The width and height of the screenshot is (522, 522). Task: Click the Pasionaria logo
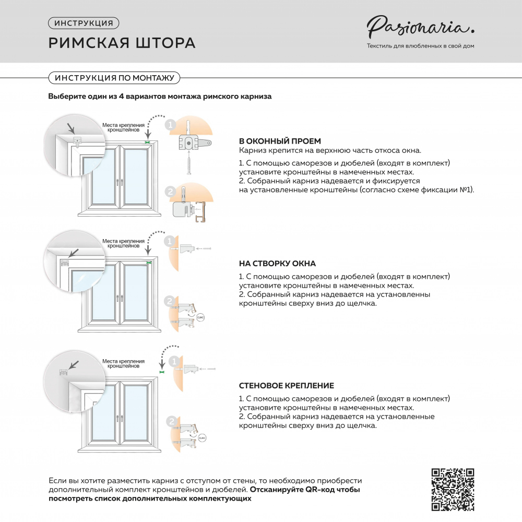click(x=420, y=26)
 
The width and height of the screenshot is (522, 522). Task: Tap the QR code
click(x=453, y=490)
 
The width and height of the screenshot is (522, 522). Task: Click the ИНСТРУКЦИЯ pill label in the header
click(x=84, y=23)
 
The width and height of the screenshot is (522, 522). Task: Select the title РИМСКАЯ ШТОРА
click(x=122, y=43)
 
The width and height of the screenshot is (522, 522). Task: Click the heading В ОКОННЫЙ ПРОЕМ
click(x=280, y=141)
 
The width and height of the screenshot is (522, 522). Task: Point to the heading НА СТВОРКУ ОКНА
click(x=277, y=264)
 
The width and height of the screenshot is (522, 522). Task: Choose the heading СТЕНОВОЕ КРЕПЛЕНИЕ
click(x=287, y=386)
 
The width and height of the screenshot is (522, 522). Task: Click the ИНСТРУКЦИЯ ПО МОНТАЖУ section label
click(x=114, y=78)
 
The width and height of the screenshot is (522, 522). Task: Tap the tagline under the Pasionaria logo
click(x=420, y=46)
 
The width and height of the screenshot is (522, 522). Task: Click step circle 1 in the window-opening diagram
click(x=169, y=125)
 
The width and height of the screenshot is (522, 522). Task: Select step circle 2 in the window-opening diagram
click(x=169, y=192)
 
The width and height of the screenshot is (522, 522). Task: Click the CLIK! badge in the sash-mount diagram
click(x=201, y=317)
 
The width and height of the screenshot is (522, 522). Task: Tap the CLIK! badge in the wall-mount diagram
click(x=202, y=437)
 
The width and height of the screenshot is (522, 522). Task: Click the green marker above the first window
click(x=148, y=141)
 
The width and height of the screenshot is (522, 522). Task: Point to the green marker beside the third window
click(x=161, y=372)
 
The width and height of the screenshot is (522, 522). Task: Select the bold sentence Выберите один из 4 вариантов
click(x=160, y=97)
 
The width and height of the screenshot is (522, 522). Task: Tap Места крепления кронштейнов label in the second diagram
click(x=123, y=243)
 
